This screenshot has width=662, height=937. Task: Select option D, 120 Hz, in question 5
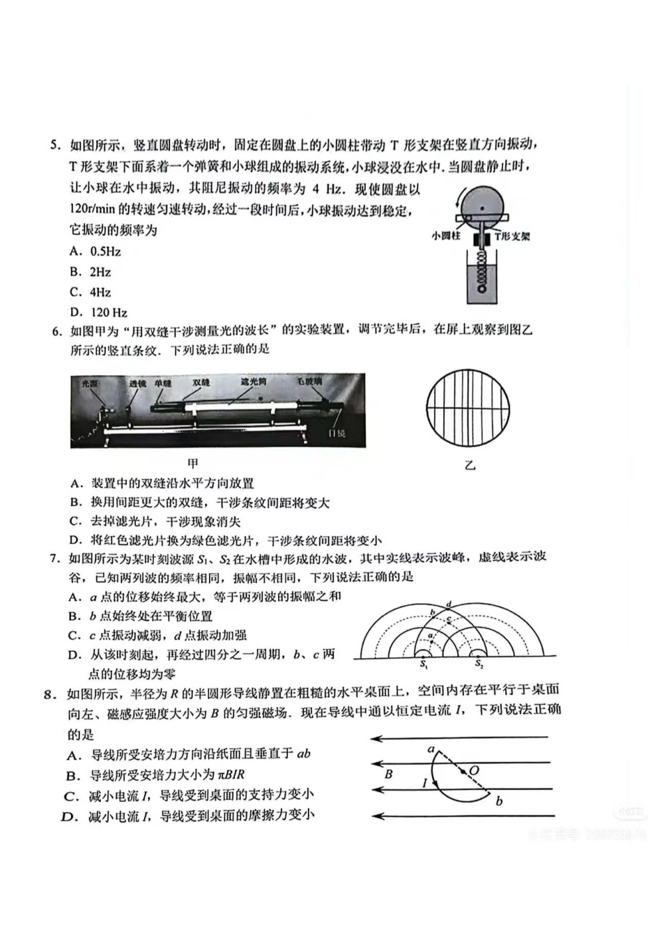[x=100, y=312]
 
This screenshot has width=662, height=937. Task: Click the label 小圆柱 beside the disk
[x=446, y=236]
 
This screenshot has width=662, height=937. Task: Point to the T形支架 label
[x=511, y=236]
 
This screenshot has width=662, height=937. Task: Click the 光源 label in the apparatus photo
[x=90, y=383]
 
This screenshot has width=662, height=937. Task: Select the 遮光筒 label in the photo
[x=254, y=382]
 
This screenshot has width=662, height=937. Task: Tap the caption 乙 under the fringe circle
[x=470, y=465]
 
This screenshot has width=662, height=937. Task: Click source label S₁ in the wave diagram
[x=423, y=664]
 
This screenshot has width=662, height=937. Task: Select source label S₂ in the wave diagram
[x=479, y=664]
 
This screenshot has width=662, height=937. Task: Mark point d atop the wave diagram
[x=449, y=604]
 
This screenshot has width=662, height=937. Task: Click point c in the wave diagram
[x=449, y=620]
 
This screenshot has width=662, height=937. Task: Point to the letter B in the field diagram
[x=389, y=774]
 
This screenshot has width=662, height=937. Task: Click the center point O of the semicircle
[x=474, y=770]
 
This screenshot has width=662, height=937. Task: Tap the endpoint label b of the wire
[x=499, y=801]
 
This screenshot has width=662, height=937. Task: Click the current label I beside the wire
[x=424, y=783]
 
